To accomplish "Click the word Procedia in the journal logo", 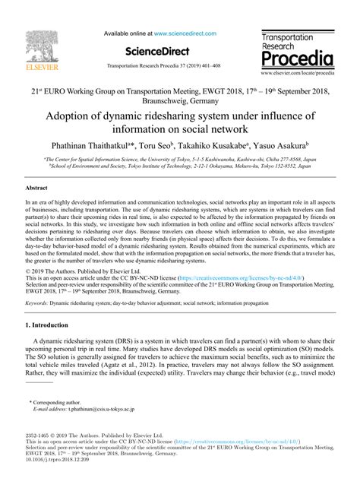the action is pyautogui.click(x=296, y=59).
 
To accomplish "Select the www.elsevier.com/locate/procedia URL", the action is pyautogui.click(x=298, y=74).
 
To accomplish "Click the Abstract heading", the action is pyautogui.click(x=36, y=186).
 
